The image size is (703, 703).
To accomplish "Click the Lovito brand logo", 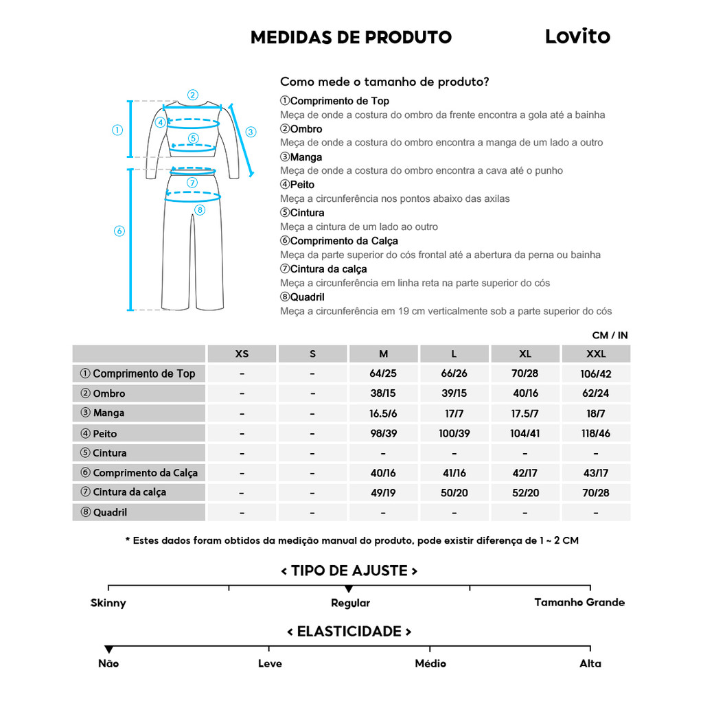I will coord(577,36).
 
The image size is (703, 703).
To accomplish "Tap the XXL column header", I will coord(595,354).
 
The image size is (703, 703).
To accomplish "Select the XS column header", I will coord(242,354).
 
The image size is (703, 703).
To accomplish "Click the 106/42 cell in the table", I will coord(595,374).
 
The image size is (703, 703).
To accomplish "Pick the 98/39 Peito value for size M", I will coord(383,434).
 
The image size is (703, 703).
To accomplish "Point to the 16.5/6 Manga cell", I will coord(383,414).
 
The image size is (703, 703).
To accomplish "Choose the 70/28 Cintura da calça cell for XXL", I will coord(595,493).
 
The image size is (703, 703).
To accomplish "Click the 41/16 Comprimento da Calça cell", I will coord(454,473).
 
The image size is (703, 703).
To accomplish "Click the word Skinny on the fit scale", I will coord(108,603).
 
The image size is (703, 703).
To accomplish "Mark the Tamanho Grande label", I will coord(579,602).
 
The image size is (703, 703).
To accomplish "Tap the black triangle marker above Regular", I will coord(349,589).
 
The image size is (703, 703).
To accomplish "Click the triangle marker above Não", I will coord(108,649).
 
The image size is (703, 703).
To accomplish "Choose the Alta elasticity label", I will coord(590,663).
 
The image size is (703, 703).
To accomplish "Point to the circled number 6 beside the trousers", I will coord(119,231).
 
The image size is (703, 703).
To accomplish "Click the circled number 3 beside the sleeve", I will coord(251,132).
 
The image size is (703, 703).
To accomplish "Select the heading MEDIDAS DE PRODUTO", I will coord(351,37).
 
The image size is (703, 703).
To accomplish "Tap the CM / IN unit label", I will coord(610,336).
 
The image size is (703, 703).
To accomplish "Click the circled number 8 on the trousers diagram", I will coord(200,209).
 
